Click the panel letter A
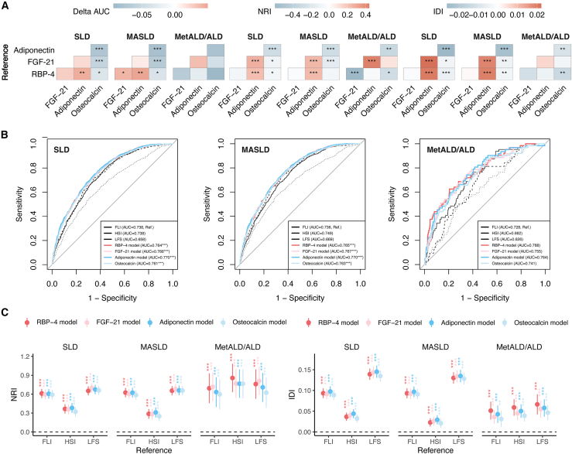tap(5, 5)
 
